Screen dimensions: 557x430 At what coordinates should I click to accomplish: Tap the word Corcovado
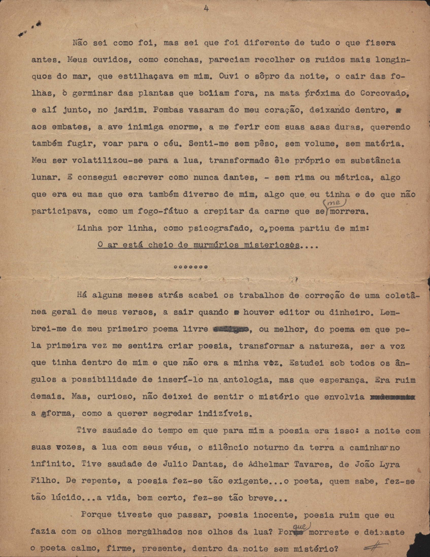tap(383, 93)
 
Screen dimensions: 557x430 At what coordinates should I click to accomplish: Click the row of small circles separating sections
tap(190, 267)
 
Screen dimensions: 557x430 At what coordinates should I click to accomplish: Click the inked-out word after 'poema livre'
tap(231, 330)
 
